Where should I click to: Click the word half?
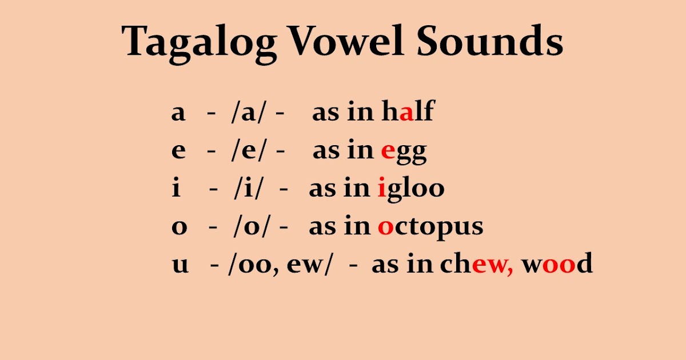[408, 113]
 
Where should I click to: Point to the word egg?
[404, 151]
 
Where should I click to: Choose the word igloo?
[411, 189]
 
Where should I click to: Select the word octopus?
[430, 227]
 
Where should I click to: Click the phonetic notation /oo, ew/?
[280, 265]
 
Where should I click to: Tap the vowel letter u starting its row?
[180, 265]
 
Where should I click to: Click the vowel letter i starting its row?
[176, 188]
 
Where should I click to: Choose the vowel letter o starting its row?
[180, 227]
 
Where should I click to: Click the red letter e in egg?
[388, 151]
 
